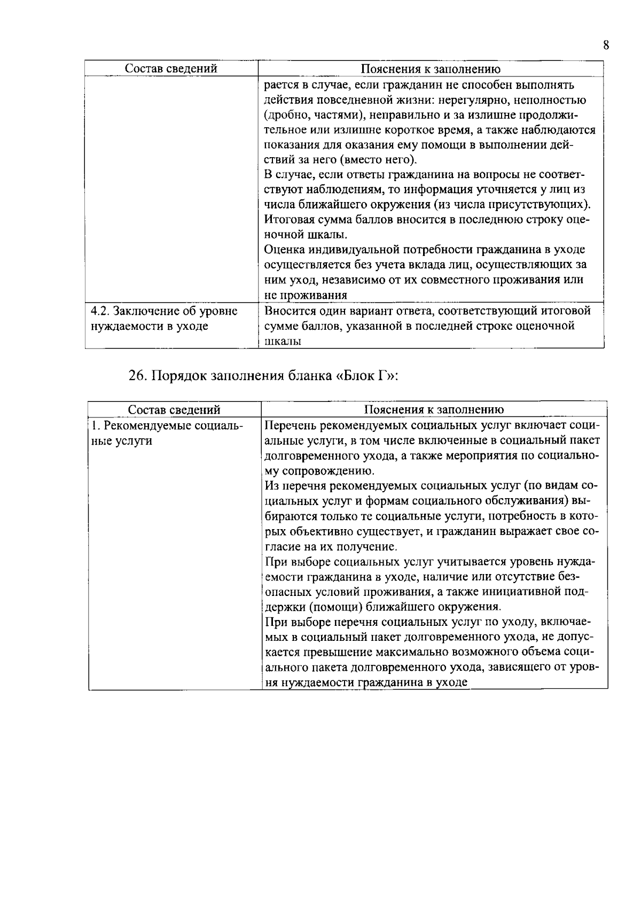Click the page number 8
click(x=606, y=45)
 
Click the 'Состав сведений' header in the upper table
click(x=171, y=69)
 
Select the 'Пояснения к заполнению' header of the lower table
click(x=434, y=409)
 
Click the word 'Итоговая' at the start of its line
click(x=288, y=220)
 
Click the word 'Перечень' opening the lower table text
click(x=289, y=426)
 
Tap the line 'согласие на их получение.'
click(x=332, y=547)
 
